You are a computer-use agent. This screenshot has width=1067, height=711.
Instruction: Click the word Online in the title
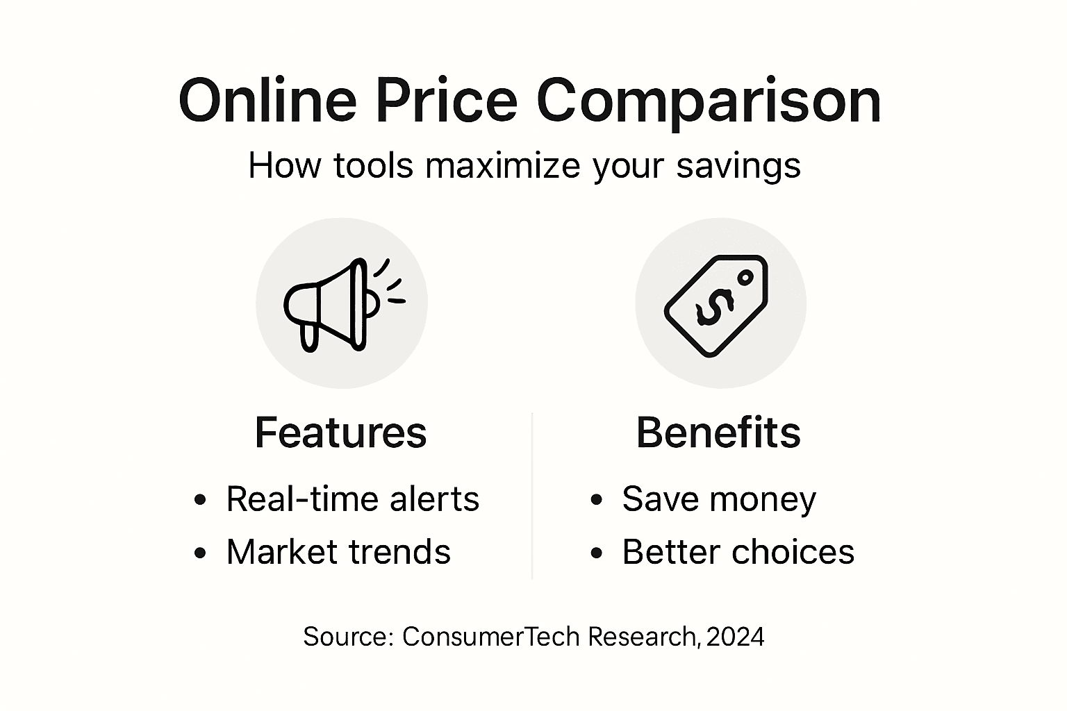coord(267,101)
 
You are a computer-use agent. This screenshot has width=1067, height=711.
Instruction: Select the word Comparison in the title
coord(709,102)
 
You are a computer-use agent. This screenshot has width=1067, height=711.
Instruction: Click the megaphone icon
coord(333,304)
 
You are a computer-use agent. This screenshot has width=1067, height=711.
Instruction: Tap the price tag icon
coord(716,306)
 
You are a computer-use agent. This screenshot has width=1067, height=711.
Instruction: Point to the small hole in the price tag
coord(745,278)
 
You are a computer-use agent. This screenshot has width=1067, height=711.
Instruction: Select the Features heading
coord(340,433)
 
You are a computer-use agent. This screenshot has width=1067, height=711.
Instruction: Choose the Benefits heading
coord(718,433)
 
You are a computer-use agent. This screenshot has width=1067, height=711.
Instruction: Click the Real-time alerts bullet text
coord(352,499)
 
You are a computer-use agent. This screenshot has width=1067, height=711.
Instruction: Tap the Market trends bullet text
coord(338,552)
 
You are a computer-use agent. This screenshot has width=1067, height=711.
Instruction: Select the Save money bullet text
coord(719,499)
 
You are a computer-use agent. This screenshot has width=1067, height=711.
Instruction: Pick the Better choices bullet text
coord(738,552)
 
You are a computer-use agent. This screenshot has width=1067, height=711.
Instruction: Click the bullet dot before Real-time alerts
coord(201,500)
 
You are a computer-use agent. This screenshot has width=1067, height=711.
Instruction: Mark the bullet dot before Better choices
coord(596,553)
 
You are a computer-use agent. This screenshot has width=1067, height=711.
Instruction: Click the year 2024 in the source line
coord(735,637)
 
